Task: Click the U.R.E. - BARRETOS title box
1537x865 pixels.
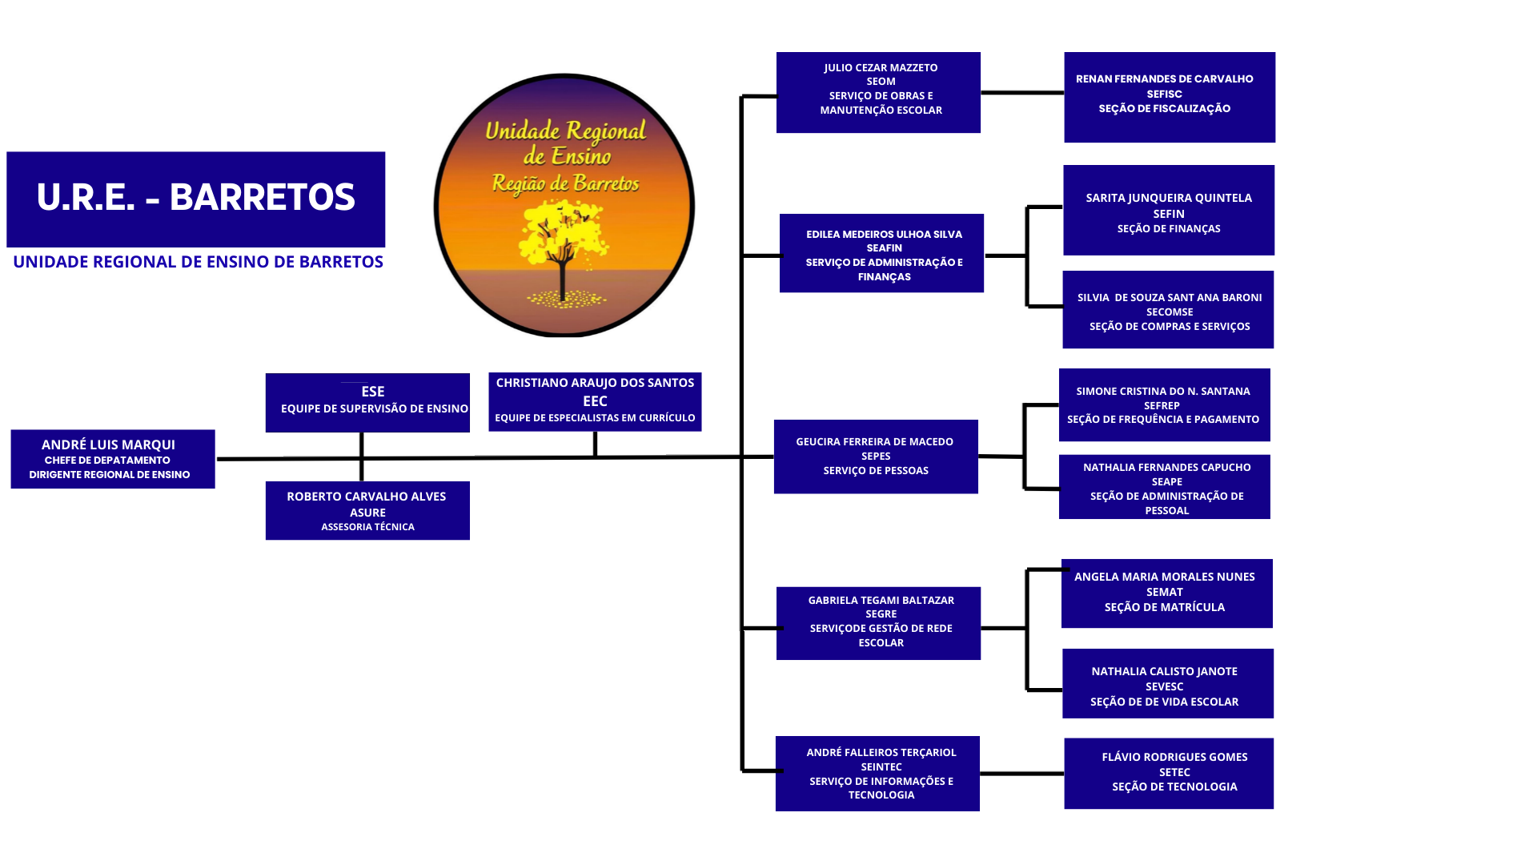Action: point(195,199)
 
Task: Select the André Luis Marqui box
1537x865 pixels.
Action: point(113,459)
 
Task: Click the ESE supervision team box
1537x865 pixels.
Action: point(367,402)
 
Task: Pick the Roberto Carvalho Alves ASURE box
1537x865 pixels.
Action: point(367,510)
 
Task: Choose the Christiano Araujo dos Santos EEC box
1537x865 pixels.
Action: point(595,401)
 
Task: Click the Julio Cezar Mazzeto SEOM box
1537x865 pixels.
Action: point(878,92)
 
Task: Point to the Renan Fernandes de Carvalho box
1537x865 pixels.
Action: point(1169,97)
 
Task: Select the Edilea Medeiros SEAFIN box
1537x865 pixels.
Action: point(881,253)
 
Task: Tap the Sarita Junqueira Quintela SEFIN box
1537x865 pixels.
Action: point(1169,210)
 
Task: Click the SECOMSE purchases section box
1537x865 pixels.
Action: point(1168,309)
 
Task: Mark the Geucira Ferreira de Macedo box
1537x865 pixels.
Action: point(876,457)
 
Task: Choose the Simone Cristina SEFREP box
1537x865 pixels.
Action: point(1164,404)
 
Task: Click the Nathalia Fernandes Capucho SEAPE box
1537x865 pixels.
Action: point(1164,487)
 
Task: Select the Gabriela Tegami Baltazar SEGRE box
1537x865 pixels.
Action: point(878,623)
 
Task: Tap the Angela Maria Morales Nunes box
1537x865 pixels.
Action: point(1166,593)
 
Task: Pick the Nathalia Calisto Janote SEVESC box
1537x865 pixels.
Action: point(1167,683)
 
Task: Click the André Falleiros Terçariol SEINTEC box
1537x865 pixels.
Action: point(877,773)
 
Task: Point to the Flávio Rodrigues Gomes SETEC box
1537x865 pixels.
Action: point(1168,773)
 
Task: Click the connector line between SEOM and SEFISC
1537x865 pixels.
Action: point(1022,93)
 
